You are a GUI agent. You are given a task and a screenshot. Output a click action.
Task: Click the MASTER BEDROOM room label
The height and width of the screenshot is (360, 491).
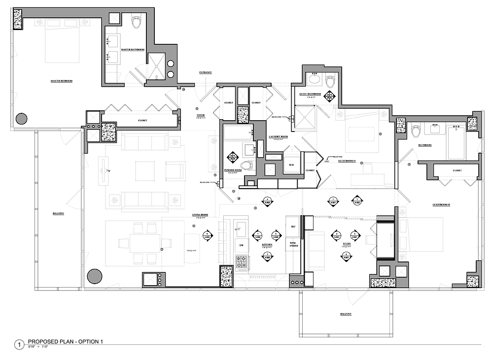point(61,80)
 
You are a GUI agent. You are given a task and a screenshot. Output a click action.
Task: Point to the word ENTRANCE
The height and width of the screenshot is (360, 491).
point(206,72)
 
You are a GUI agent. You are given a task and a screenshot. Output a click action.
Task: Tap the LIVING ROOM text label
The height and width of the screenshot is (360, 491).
point(200,215)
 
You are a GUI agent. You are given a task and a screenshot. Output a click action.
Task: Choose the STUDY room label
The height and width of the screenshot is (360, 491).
point(346,243)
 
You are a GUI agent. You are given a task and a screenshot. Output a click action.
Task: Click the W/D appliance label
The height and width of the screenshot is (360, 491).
point(291,164)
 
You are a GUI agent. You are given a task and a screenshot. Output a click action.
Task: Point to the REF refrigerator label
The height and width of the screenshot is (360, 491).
point(293,227)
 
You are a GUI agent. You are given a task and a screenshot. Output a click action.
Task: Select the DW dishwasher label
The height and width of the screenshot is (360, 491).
point(241,245)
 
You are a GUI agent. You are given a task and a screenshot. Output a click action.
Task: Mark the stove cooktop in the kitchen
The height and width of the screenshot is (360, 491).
point(242,262)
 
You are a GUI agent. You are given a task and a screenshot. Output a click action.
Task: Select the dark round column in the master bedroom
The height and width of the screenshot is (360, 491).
point(22,119)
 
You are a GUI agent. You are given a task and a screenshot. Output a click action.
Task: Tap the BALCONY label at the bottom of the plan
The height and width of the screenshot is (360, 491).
point(345,314)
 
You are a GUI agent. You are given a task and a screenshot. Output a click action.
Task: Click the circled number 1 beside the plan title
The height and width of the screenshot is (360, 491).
point(19,345)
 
